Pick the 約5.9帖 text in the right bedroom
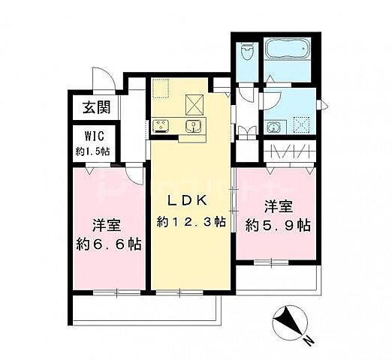[278, 224]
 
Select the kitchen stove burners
[162, 125]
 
